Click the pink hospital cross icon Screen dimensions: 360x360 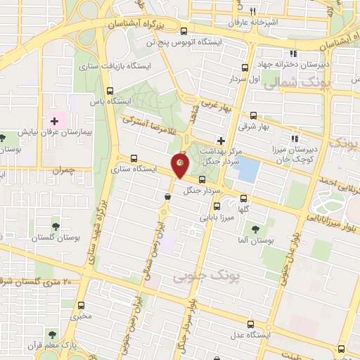click(54, 122)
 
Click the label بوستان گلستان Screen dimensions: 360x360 click(55, 240)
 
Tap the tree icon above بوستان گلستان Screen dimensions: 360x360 click(55, 226)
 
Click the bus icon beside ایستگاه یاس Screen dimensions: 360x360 click(109, 90)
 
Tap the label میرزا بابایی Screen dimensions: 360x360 click(215, 218)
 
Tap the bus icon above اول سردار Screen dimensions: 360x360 click(245, 67)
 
